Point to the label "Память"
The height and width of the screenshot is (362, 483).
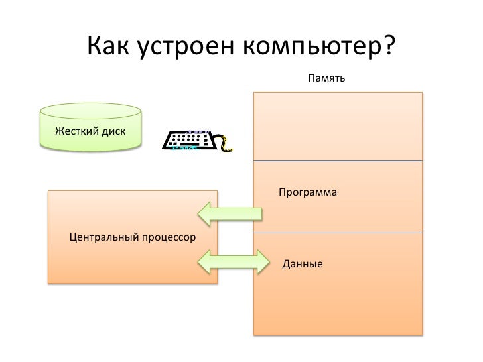(x=325, y=80)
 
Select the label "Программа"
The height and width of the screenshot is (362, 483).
(x=308, y=193)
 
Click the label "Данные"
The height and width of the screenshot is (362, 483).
(x=303, y=265)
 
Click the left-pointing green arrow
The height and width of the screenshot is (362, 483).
(x=229, y=212)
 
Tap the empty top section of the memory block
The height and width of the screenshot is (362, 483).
(x=338, y=126)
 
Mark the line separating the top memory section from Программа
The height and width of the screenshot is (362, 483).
(x=338, y=161)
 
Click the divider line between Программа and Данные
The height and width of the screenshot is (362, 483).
(x=338, y=233)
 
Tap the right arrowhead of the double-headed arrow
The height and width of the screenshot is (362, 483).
(x=265, y=261)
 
